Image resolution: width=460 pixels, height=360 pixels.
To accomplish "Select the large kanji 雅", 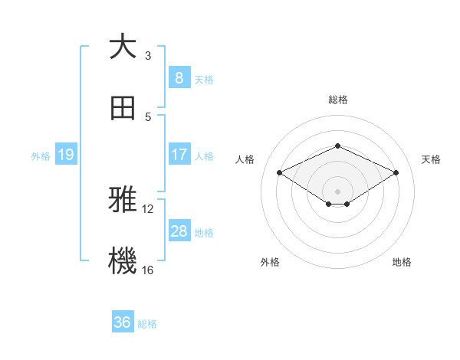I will (x=123, y=200).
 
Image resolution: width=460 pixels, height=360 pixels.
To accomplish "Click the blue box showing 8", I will (x=179, y=77).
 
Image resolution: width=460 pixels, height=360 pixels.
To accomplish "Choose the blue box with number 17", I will (x=179, y=155).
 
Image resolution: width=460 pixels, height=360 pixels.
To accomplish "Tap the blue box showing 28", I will (x=179, y=231).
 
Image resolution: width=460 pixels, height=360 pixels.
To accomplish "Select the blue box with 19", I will (x=66, y=155).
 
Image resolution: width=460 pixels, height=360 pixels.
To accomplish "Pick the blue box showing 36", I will (x=122, y=322).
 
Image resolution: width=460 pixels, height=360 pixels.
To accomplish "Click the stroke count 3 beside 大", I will (x=148, y=55).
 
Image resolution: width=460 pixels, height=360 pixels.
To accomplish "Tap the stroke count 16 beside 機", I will (x=148, y=270).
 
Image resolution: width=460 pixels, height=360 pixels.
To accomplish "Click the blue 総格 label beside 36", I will (x=147, y=324).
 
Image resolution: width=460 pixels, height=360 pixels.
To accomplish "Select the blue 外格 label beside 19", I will (x=41, y=155).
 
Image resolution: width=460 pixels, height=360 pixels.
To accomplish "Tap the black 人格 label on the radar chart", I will (x=245, y=159).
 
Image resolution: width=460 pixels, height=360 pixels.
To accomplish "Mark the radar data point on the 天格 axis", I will (x=396, y=172).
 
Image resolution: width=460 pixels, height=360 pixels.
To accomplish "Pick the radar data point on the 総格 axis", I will (x=337, y=146).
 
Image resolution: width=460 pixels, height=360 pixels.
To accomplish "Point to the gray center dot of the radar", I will (x=337, y=190).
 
